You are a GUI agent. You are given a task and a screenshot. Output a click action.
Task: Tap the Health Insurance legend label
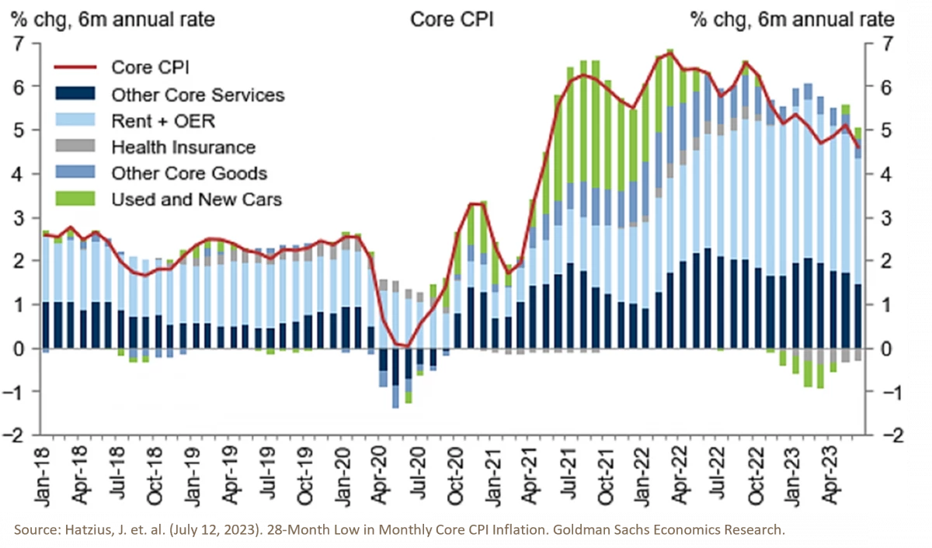[x=183, y=147]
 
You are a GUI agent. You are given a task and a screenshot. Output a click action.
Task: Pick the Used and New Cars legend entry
[x=196, y=199]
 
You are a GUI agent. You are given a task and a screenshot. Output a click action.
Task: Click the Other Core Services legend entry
[x=197, y=95]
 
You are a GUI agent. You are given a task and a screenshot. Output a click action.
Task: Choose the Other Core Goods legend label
[x=190, y=173]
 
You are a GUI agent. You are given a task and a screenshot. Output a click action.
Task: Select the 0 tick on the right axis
[x=876, y=348]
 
